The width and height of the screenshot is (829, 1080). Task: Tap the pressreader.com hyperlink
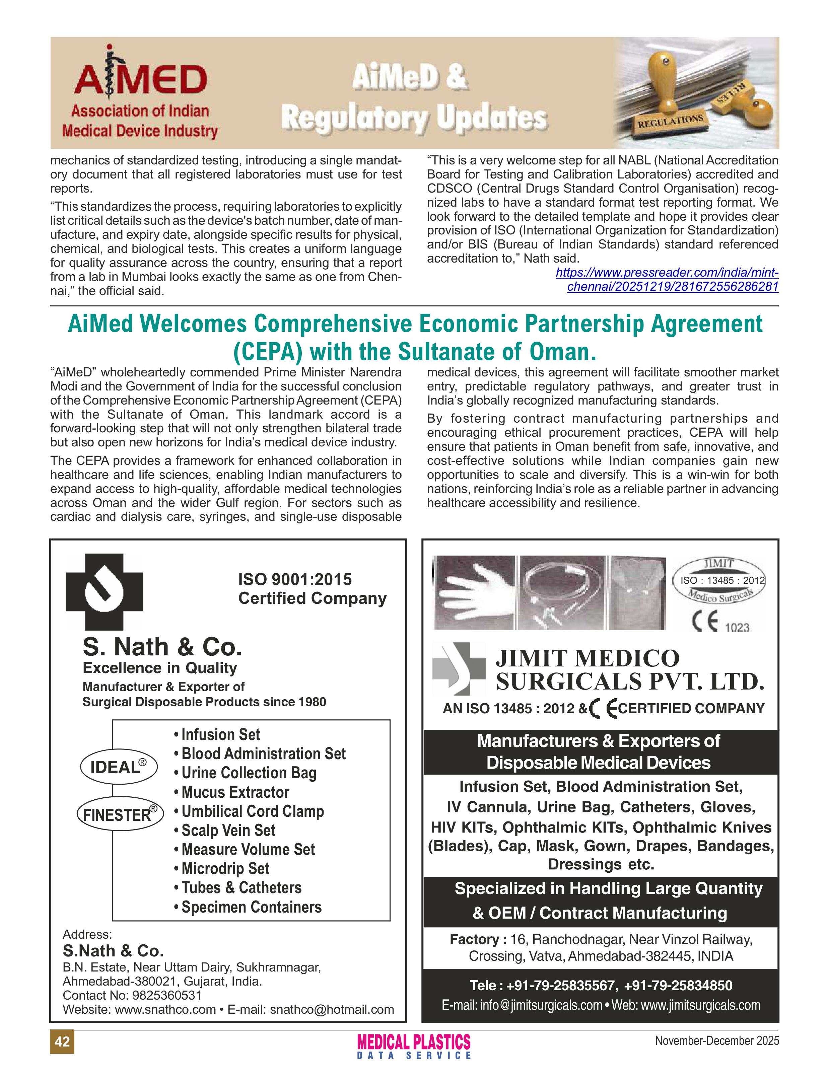pyautogui.click(x=667, y=279)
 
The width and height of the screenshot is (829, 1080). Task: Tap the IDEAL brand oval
pyautogui.click(x=119, y=767)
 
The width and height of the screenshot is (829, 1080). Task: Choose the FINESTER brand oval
pyautogui.click(x=120, y=814)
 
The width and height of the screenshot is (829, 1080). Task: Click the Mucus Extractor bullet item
pyautogui.click(x=235, y=792)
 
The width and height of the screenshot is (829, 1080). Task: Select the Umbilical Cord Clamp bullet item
pyautogui.click(x=252, y=811)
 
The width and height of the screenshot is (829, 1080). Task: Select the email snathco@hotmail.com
pyautogui.click(x=332, y=1009)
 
